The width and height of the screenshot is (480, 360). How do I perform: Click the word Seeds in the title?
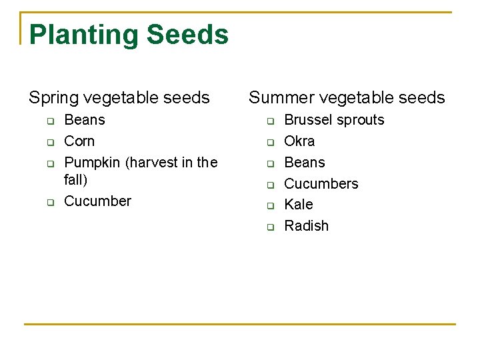click(x=187, y=35)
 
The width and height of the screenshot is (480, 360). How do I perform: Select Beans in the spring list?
click(x=85, y=120)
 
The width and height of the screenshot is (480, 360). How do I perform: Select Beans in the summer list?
click(x=305, y=163)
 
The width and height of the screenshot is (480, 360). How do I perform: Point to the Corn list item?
click(x=79, y=141)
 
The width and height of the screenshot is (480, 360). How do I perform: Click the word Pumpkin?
click(x=92, y=163)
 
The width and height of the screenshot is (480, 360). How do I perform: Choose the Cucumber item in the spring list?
click(x=97, y=201)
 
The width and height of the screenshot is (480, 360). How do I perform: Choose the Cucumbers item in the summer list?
click(x=321, y=184)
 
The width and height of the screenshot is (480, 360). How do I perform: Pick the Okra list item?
click(x=299, y=141)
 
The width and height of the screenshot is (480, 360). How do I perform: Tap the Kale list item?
click(x=299, y=205)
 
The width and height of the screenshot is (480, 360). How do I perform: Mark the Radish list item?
click(x=307, y=226)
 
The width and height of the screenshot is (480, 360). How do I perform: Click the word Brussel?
click(x=308, y=120)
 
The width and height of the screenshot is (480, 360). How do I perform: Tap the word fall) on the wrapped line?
click(x=75, y=180)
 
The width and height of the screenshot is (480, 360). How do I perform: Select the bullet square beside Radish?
click(x=271, y=227)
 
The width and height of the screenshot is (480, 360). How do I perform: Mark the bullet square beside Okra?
click(x=271, y=143)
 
